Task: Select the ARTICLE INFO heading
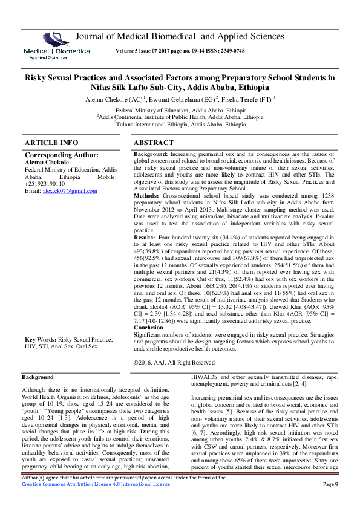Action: tap(51, 143)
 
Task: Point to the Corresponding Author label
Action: tap(62, 155)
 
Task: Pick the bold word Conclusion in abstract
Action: tap(148, 328)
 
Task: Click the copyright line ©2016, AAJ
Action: tap(174, 363)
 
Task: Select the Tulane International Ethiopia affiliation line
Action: tap(180, 125)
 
